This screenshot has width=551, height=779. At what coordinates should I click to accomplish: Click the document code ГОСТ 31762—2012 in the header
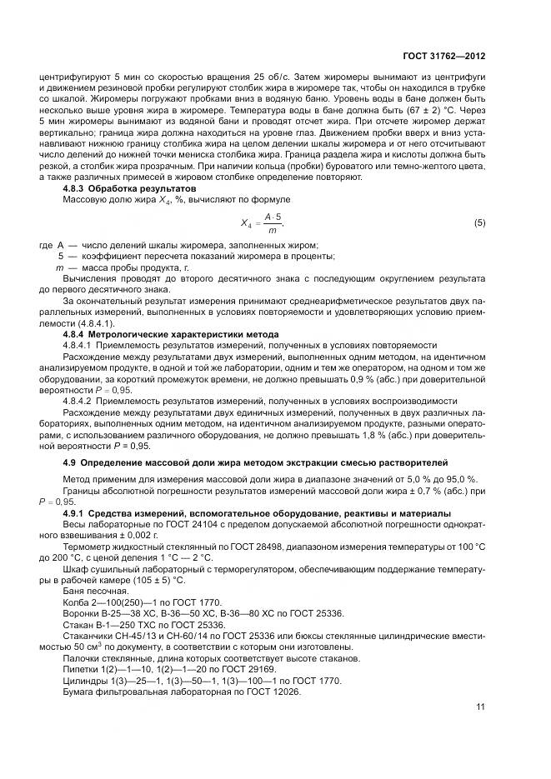445,56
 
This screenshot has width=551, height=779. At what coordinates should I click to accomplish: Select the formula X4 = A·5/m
263,222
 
